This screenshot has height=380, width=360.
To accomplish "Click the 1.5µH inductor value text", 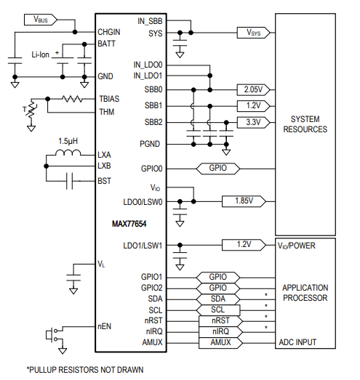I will [x=71, y=142].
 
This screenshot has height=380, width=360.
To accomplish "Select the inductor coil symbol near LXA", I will [x=71, y=155].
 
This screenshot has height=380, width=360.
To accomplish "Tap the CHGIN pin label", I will [x=110, y=33].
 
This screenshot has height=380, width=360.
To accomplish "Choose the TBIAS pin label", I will [x=110, y=98].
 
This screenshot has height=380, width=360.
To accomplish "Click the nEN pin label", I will [x=105, y=327].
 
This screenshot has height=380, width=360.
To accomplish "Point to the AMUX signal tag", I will [x=220, y=341].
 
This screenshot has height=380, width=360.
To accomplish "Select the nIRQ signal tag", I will [x=220, y=331].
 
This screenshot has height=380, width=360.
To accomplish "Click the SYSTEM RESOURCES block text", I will [x=308, y=124].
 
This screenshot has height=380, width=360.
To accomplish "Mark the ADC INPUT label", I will [x=297, y=341].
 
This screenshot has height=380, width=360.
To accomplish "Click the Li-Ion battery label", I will [x=40, y=54].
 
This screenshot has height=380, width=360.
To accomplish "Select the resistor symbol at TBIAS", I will [x=72, y=98].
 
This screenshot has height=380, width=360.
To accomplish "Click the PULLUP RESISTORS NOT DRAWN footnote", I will [x=85, y=369].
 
